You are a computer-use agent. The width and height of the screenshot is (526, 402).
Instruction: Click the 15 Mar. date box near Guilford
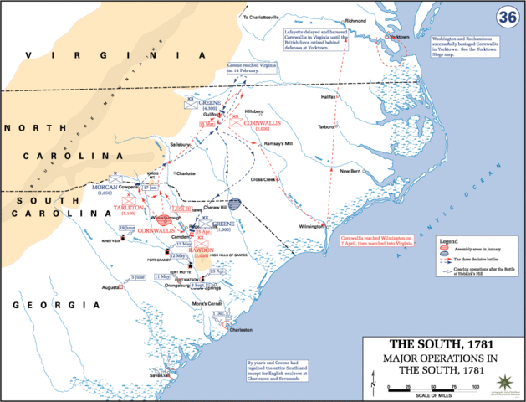coord(207,124)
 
